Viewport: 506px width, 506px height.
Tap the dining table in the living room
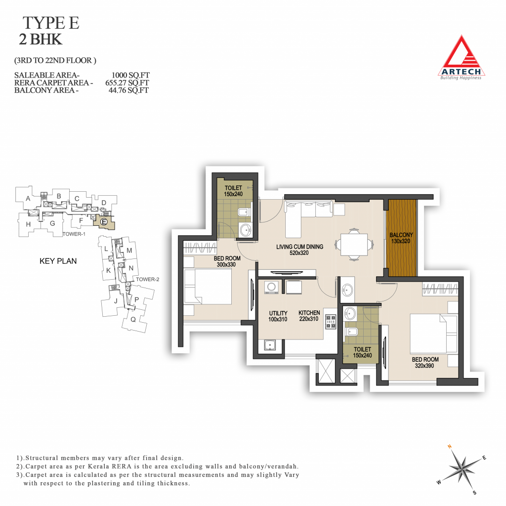point(354,245)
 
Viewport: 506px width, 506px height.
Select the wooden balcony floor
point(401,238)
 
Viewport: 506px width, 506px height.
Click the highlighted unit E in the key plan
point(104,222)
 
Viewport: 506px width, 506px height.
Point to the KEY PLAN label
point(58,261)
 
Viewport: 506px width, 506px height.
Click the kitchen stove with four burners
point(331,321)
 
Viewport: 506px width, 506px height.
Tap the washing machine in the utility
point(271,287)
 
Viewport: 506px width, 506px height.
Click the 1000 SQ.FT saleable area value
point(130,75)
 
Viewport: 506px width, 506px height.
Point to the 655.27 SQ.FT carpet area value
point(127,83)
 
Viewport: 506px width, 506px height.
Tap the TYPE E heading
point(51,23)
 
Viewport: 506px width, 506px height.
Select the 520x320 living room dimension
point(299,253)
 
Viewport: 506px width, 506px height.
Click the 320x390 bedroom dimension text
point(424,366)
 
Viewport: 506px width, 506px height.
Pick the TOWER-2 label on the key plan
point(147,280)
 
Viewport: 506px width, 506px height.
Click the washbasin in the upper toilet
point(246,230)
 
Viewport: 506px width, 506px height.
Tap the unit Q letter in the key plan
point(133,320)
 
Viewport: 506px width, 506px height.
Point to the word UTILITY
point(278,313)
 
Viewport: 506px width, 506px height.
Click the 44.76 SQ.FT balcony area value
point(128,90)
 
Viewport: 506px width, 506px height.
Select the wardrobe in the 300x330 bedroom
point(200,248)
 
